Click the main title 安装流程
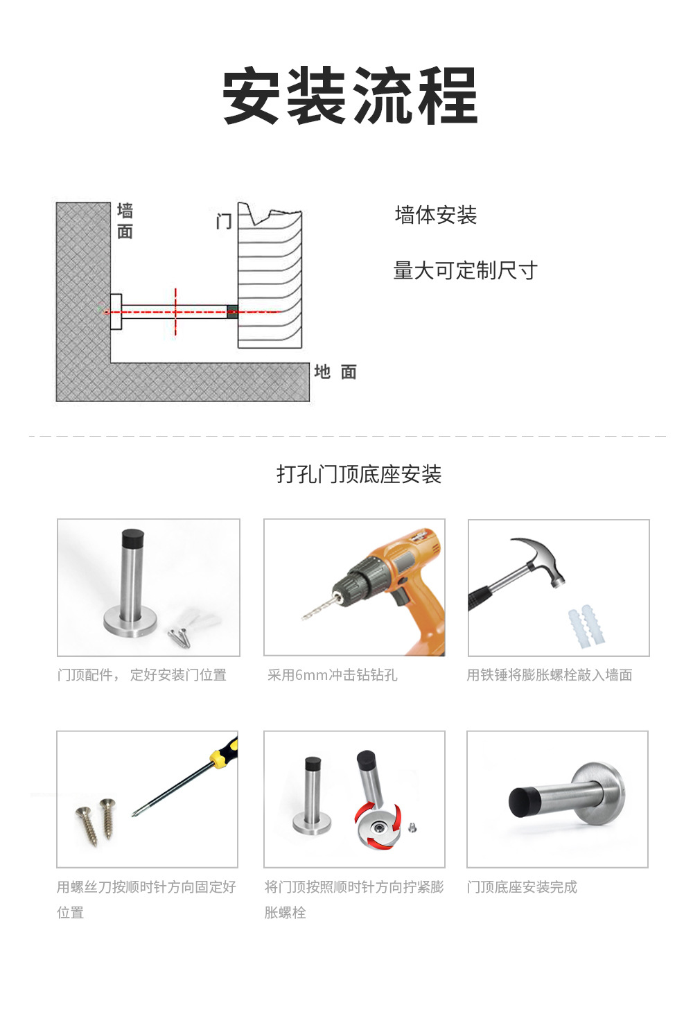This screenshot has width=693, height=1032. pos(350,96)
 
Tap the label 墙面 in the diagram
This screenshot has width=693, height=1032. pos(125,222)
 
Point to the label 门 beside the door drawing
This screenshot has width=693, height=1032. pos(224,222)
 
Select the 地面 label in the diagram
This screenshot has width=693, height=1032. pos(335,371)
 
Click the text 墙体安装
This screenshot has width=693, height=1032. pos(436,215)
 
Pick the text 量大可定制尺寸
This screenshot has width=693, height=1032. pos(466,270)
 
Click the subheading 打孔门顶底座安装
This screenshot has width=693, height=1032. pos(359,475)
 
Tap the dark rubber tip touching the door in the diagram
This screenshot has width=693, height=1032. pos(233,312)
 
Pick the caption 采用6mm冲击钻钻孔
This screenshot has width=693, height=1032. pos(332,675)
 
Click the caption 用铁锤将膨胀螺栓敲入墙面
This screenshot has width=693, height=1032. pos(550,675)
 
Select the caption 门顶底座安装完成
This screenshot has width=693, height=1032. pos(522,887)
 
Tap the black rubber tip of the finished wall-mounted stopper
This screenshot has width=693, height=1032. pos(521,802)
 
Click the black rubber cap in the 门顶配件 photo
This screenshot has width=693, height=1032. pos(132,537)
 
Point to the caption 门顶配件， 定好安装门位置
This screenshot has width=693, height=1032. pos(142,675)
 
